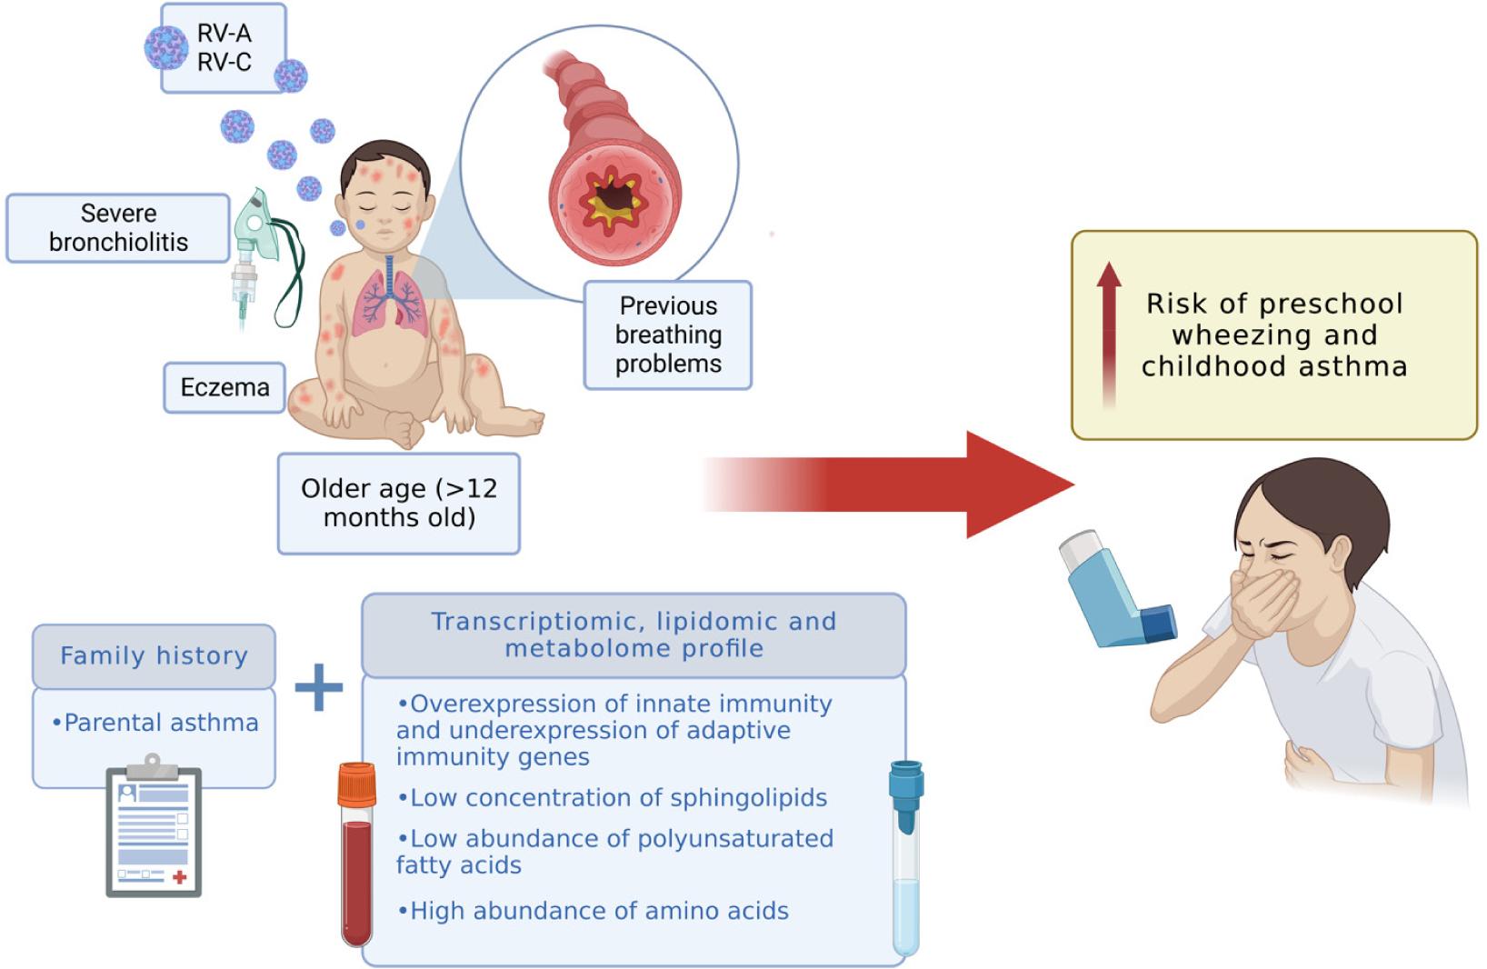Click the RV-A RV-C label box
[x=224, y=48]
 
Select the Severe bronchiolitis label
[x=118, y=228]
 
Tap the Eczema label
[x=225, y=388]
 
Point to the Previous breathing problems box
[x=668, y=335]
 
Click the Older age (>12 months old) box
[x=399, y=503]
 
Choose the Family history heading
[x=154, y=655]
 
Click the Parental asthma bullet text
[x=155, y=723]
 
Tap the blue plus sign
[x=319, y=688]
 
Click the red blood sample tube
[x=356, y=854]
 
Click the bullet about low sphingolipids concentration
[x=613, y=798]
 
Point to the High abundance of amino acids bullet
[x=594, y=911]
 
